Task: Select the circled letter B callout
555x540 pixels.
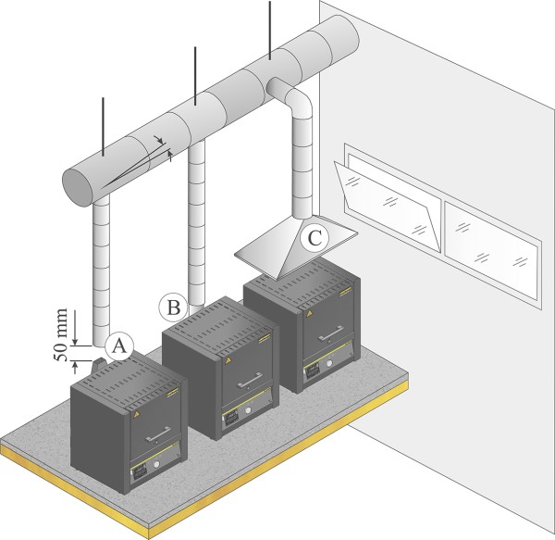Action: (172, 304)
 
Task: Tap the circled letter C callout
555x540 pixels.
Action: (315, 238)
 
